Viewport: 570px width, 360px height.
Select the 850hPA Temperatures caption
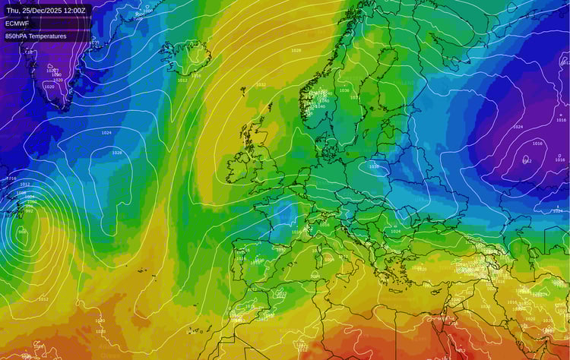[36, 36]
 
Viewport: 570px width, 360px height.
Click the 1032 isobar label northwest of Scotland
[261, 85]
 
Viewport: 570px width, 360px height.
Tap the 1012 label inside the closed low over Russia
[526, 160]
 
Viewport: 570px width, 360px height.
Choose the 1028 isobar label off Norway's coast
[296, 50]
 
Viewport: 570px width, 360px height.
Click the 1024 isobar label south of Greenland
[106, 133]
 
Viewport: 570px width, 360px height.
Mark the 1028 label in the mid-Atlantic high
[116, 153]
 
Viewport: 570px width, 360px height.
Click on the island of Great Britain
[262, 159]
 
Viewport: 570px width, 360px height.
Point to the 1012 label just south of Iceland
[182, 80]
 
